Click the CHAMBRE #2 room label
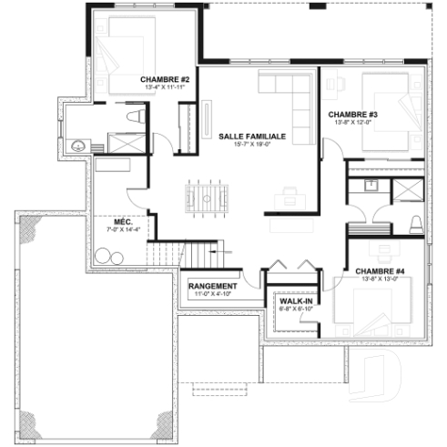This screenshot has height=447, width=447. coord(165,80)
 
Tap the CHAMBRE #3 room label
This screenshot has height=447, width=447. coord(346,113)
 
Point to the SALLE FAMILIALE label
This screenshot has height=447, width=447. coord(252,135)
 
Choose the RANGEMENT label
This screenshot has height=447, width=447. coord(212,286)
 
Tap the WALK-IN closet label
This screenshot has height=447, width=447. coord(296,300)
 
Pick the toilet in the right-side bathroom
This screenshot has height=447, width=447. coord(416,224)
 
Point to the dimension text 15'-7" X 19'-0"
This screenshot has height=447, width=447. coord(252,145)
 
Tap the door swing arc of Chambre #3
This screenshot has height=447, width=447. coord(330,150)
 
